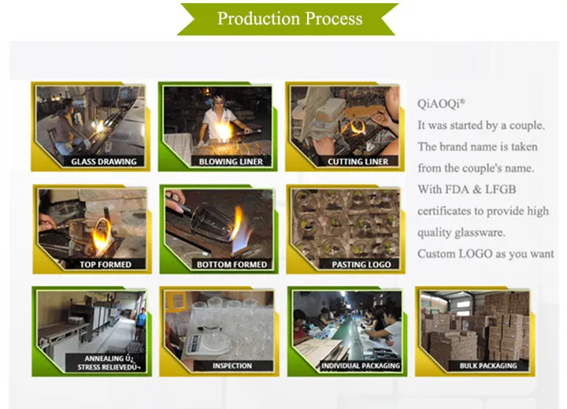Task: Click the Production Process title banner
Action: tap(290, 18)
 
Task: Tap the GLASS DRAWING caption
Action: tap(104, 162)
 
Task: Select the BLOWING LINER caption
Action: tap(231, 162)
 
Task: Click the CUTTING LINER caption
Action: tap(358, 162)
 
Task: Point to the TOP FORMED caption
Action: tap(106, 264)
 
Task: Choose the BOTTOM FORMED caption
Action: tap(232, 264)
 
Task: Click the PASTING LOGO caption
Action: tap(359, 264)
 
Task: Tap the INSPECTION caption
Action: tap(232, 366)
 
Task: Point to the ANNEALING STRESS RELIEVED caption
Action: tap(106, 363)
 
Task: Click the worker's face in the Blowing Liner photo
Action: tap(218, 102)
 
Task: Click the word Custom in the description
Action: tap(436, 254)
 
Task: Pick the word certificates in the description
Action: tap(450, 211)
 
